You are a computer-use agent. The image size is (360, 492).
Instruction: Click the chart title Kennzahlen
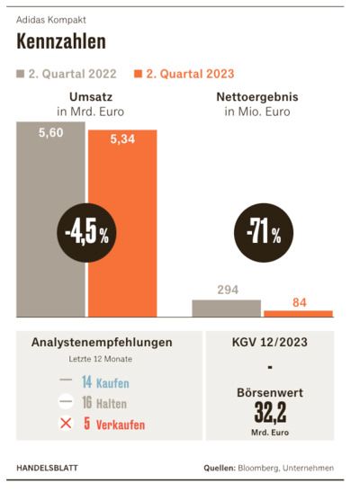(61, 41)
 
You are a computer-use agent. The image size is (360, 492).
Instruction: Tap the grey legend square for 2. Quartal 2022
(21, 74)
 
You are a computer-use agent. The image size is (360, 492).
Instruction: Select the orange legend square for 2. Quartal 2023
(138, 74)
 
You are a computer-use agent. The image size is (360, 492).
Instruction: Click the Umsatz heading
(91, 96)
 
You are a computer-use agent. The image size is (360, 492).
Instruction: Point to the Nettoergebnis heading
(257, 96)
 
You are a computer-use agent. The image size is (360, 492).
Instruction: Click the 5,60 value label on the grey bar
(50, 133)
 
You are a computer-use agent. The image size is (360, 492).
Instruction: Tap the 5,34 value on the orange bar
(122, 139)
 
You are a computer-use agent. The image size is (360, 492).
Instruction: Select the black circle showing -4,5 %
(86, 232)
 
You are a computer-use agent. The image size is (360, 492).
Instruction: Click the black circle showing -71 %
(264, 232)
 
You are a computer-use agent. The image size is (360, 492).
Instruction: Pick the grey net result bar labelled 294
(226, 309)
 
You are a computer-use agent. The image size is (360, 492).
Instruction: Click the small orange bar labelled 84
(298, 314)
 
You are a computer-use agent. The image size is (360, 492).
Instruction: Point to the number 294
(228, 290)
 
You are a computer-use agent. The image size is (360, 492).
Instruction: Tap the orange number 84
(300, 302)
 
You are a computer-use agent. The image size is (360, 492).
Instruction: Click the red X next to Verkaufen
(66, 424)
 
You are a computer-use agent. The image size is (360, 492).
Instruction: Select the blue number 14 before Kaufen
(86, 382)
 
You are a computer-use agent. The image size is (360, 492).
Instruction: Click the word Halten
(112, 404)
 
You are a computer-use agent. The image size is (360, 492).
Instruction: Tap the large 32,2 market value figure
(270, 413)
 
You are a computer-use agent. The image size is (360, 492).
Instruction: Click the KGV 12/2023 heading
(270, 342)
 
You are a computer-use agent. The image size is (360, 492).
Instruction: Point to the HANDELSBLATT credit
(47, 468)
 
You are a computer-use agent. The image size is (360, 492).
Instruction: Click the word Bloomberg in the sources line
(258, 468)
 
